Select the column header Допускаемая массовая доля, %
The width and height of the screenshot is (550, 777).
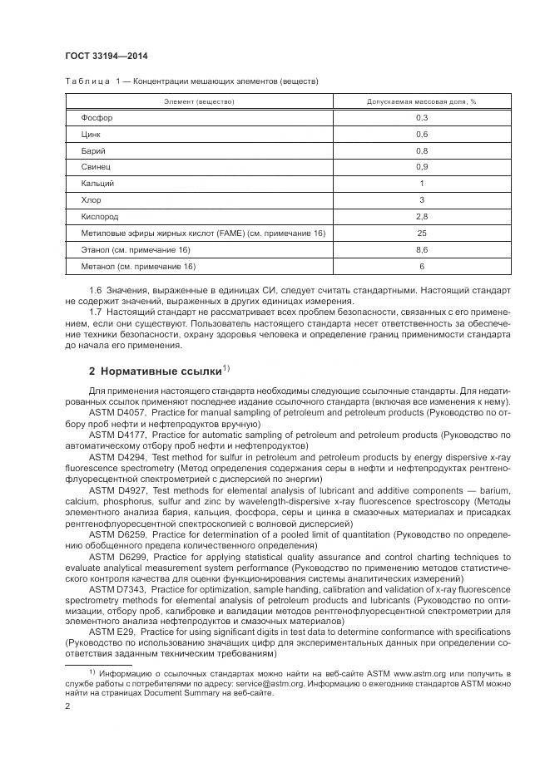click(x=422, y=101)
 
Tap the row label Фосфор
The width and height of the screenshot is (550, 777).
click(x=97, y=118)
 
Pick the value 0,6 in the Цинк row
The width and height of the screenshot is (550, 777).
click(x=422, y=134)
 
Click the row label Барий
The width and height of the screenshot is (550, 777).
click(x=93, y=150)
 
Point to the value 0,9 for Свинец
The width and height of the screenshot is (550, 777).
click(x=422, y=167)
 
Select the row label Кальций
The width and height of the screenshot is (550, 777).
click(x=97, y=183)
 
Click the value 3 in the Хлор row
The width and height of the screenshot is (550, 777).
click(x=422, y=199)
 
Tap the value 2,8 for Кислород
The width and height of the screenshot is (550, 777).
click(x=422, y=216)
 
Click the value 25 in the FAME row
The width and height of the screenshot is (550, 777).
click(x=422, y=233)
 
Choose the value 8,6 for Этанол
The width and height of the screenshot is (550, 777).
click(x=422, y=249)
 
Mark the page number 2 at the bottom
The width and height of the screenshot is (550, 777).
click(x=67, y=706)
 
